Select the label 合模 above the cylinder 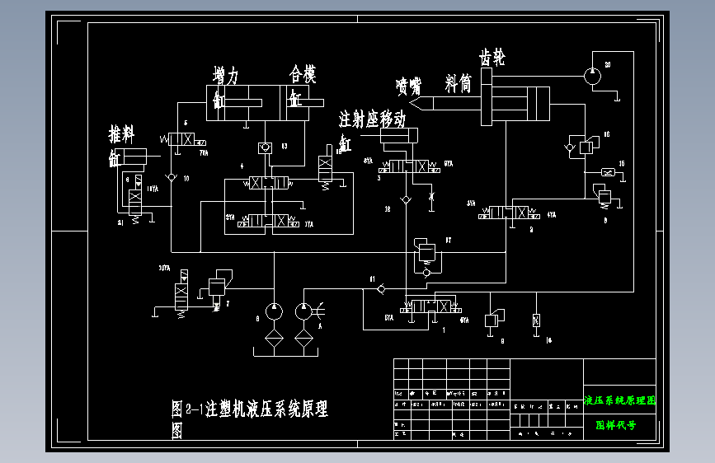coord(302,75)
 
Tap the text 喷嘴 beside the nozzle coord(407,86)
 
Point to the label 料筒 coord(458,82)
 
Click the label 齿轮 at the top coord(492,58)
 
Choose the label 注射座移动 coord(373,119)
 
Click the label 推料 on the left coord(122,133)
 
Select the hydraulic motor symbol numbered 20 coord(592,75)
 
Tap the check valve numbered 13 coord(265,147)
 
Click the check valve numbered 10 coord(170,177)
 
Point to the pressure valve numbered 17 coord(426,250)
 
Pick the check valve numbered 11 coord(380,288)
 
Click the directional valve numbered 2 coord(510,213)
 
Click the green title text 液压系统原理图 coord(619,401)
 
